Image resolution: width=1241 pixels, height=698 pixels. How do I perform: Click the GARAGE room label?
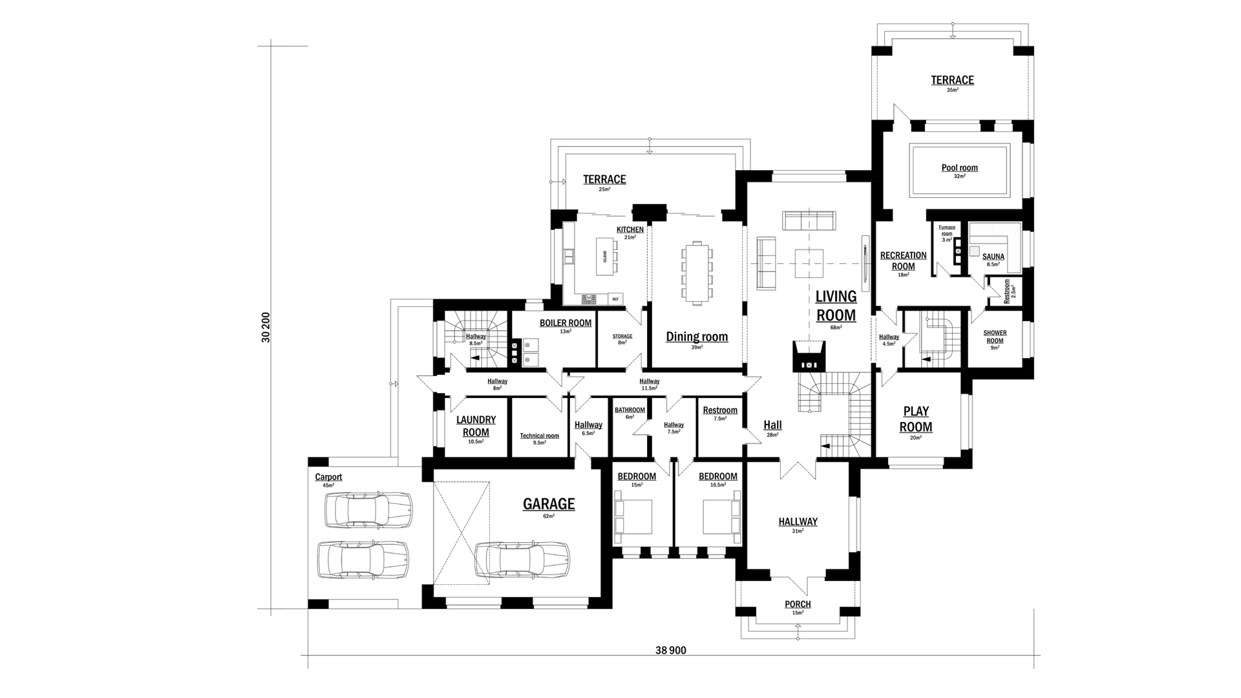pyautogui.click(x=549, y=503)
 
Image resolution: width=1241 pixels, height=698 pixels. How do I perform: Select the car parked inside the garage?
pyautogui.click(x=522, y=560)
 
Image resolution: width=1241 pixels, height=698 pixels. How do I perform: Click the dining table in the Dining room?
pyautogui.click(x=697, y=272)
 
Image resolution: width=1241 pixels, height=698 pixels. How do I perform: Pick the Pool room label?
pyautogui.click(x=959, y=168)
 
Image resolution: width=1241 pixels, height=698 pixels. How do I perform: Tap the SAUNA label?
pyautogui.click(x=993, y=257)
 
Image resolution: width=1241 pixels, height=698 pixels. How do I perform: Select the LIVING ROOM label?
pyautogui.click(x=836, y=306)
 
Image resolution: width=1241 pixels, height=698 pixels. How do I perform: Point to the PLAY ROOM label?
pyautogui.click(x=916, y=419)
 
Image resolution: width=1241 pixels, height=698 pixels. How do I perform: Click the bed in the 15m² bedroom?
pyautogui.click(x=633, y=517)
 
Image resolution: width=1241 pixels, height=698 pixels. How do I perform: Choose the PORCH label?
pyautogui.click(x=798, y=604)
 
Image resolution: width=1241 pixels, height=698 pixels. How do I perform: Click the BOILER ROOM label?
pyautogui.click(x=566, y=323)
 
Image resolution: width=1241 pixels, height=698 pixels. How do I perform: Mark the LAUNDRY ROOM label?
pyautogui.click(x=476, y=427)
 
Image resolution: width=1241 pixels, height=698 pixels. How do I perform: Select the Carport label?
pyautogui.click(x=328, y=477)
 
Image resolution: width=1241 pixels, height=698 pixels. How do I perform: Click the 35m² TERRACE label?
pyautogui.click(x=952, y=80)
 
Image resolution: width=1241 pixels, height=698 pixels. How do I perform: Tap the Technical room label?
pyautogui.click(x=540, y=436)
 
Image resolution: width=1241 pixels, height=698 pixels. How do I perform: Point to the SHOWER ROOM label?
pyautogui.click(x=995, y=337)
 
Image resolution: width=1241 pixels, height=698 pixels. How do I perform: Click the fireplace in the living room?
pyautogui.click(x=809, y=355)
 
